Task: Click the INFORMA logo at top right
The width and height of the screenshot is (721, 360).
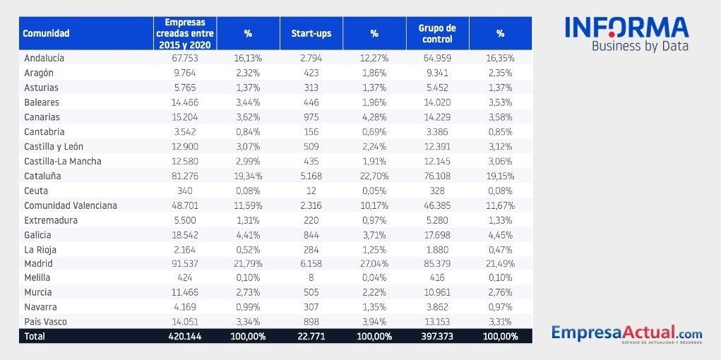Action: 626,28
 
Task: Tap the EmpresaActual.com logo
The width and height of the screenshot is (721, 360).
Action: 626,332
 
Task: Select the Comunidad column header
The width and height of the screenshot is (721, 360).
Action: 46,33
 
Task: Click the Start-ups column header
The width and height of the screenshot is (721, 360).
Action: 311,33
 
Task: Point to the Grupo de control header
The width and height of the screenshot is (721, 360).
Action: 437,33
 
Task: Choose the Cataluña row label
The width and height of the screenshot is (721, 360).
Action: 43,176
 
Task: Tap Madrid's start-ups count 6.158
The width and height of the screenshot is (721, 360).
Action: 311,263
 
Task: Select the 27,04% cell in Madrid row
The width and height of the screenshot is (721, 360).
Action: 374,263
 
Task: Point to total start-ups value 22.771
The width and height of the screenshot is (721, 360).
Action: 311,337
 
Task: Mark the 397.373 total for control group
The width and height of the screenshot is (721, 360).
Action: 437,337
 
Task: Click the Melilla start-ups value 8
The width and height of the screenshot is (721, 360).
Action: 311,278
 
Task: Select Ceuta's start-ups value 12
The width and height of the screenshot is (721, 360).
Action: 311,191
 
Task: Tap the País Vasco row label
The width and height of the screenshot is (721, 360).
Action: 45,322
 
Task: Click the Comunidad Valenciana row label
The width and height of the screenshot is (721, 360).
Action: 71,205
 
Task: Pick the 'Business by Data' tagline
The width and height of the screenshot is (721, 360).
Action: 640,47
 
